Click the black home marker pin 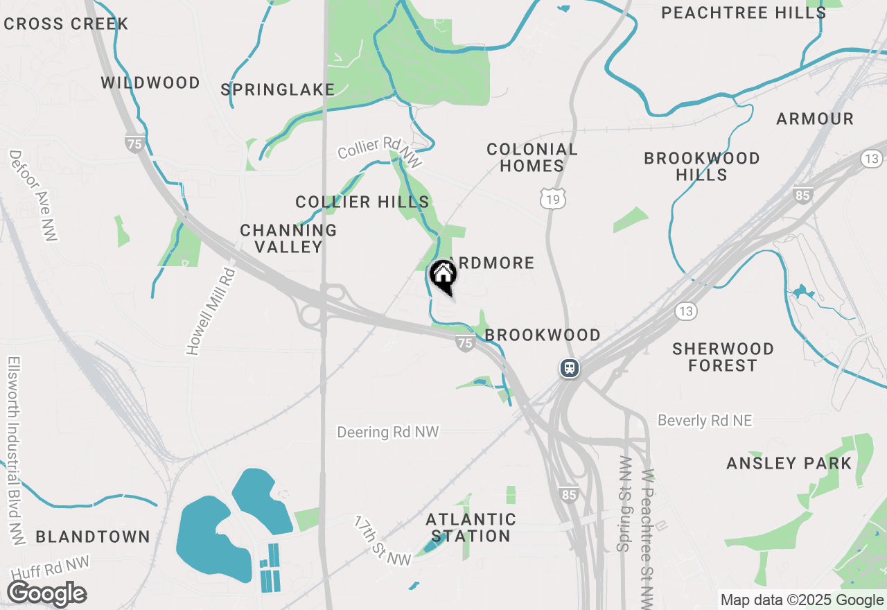click(x=443, y=276)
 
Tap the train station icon click(x=570, y=367)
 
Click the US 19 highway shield click(x=554, y=198)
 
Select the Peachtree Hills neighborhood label click(x=743, y=12)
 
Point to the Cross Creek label click(x=66, y=24)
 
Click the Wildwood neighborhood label click(x=150, y=83)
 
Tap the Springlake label click(x=277, y=89)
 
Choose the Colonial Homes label click(x=532, y=157)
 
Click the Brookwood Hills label click(x=702, y=166)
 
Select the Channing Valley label click(x=288, y=238)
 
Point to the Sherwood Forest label click(x=723, y=356)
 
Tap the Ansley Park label click(x=789, y=463)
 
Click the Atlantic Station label click(x=471, y=528)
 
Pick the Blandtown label click(x=93, y=537)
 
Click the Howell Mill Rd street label click(x=212, y=312)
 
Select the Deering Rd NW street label click(x=388, y=432)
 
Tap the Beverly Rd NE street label click(x=705, y=420)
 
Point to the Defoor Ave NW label click(x=33, y=195)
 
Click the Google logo click(x=46, y=594)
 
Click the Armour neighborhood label click(x=815, y=119)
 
